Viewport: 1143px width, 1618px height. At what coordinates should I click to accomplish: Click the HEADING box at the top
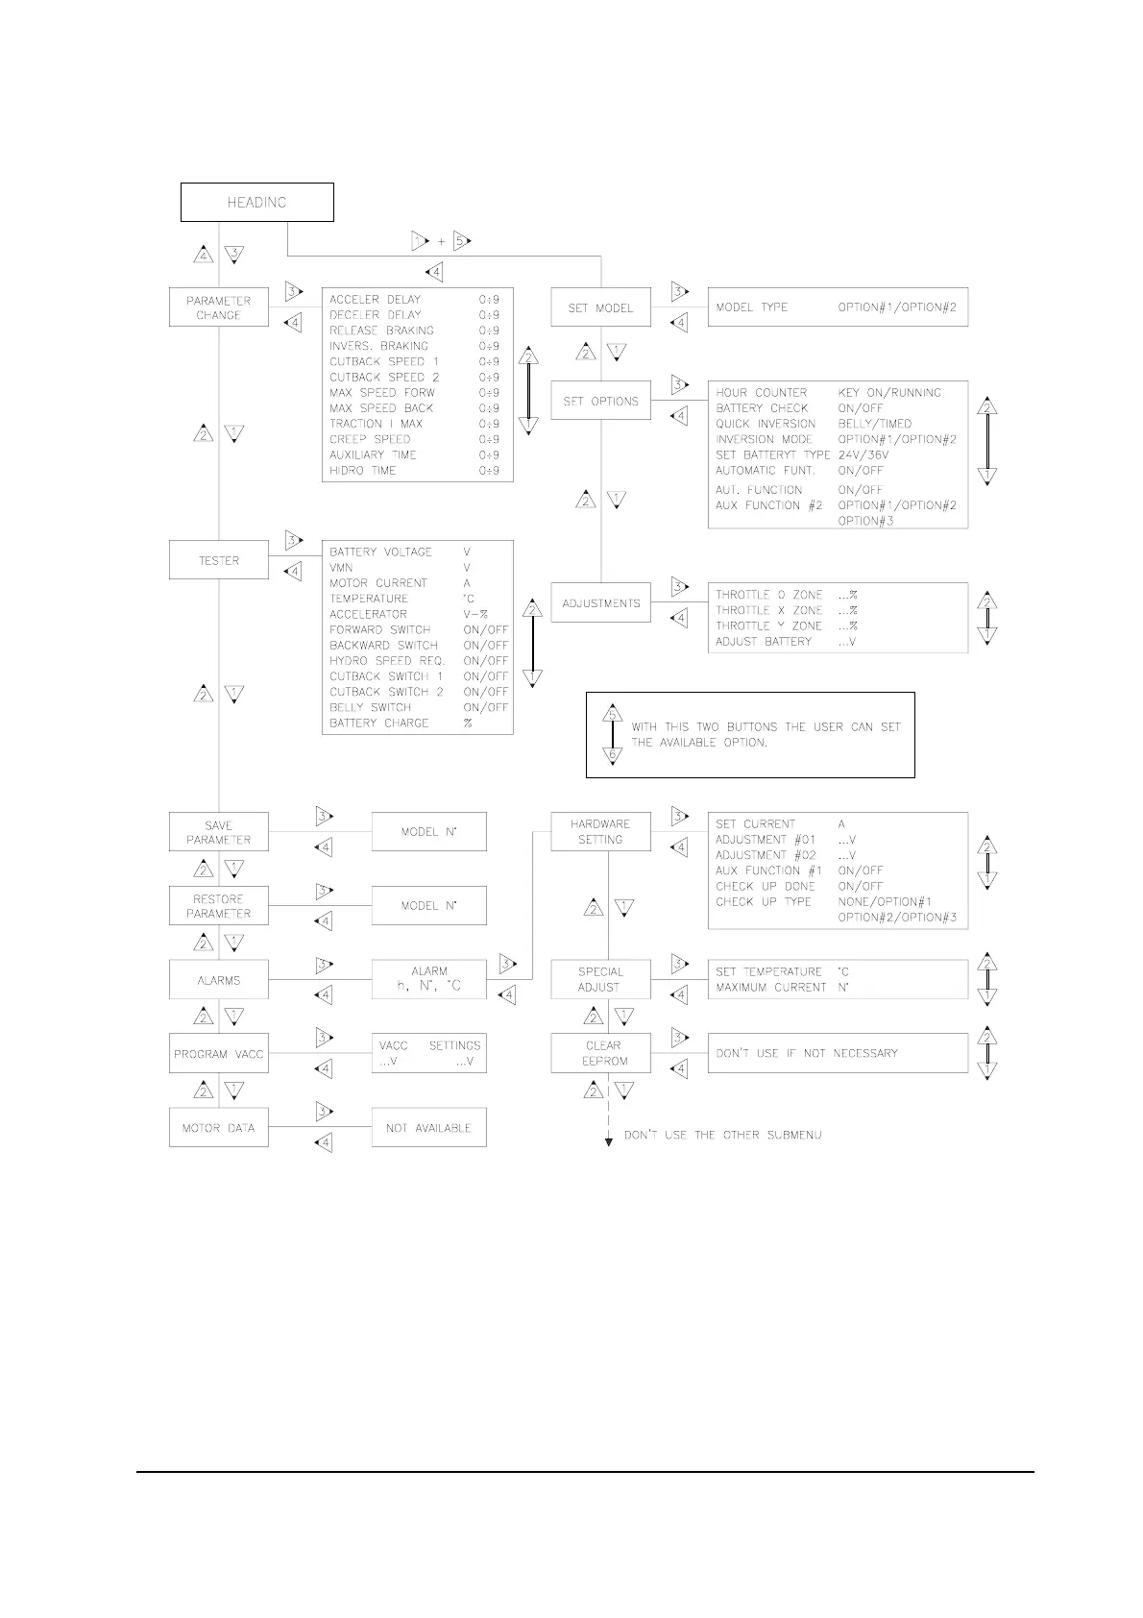256,202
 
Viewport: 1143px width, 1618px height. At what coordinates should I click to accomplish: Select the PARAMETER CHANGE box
218,307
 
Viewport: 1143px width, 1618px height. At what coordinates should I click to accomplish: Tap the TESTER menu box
218,560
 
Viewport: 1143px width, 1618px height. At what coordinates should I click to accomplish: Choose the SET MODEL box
600,307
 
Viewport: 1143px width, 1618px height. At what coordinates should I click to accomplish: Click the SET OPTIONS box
600,401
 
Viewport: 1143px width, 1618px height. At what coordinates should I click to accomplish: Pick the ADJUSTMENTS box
600,603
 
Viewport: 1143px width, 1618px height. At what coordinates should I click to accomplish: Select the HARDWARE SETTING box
600,831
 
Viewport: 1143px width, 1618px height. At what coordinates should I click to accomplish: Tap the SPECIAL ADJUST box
600,979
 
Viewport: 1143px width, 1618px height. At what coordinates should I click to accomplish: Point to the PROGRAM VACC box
218,1054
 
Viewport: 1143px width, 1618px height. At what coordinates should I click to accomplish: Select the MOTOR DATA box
218,1128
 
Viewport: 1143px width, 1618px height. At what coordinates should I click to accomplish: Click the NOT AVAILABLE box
428,1128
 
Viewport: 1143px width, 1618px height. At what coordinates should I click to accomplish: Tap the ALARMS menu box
218,980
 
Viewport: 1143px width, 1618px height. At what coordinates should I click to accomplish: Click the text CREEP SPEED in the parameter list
370,439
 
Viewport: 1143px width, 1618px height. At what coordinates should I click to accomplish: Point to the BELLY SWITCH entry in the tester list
370,707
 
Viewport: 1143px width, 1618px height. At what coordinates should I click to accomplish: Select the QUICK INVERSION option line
766,424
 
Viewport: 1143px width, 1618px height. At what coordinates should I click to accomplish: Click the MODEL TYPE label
751,307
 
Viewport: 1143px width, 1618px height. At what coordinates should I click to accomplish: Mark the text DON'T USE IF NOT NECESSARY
807,1053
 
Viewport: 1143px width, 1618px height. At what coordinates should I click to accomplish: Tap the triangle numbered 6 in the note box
613,755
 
